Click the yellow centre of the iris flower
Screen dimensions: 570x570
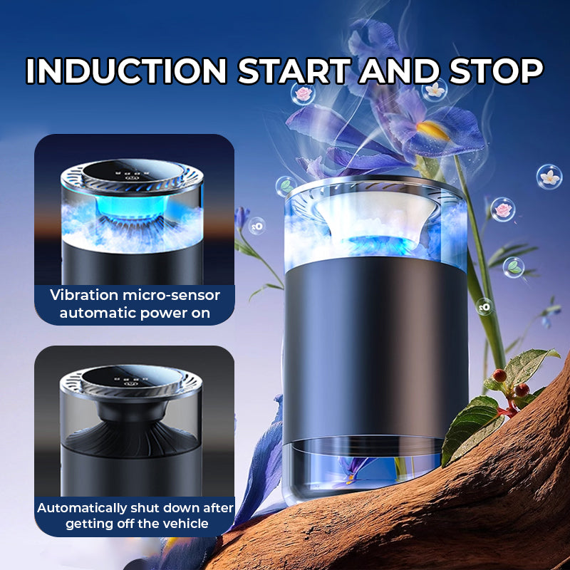(x=432, y=130)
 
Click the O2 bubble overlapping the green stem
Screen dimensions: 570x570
(x=485, y=306)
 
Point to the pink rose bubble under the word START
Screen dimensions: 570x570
(x=304, y=93)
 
